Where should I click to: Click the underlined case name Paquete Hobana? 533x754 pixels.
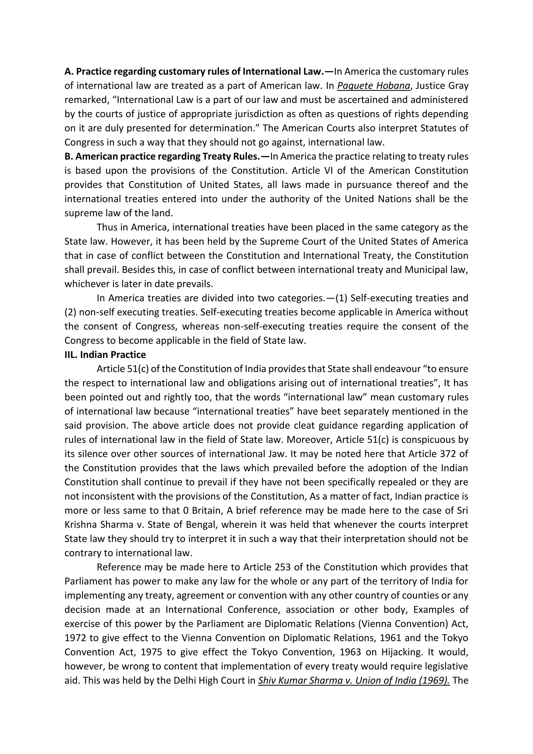coord(374,86)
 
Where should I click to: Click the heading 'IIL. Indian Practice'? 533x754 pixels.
coord(105,355)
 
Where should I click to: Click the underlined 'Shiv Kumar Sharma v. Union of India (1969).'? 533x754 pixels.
coord(354,680)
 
